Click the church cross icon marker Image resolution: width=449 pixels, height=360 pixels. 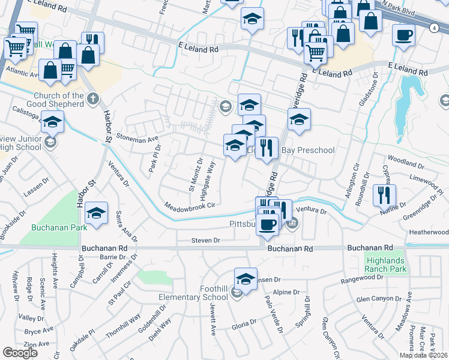click(92, 100)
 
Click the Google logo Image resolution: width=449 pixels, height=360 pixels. click(20, 353)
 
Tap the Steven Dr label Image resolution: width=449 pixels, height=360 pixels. click(206, 240)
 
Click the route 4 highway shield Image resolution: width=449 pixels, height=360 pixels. click(433, 27)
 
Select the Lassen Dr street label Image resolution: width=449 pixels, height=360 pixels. click(31, 193)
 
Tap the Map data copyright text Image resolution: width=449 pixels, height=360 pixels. click(423, 355)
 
